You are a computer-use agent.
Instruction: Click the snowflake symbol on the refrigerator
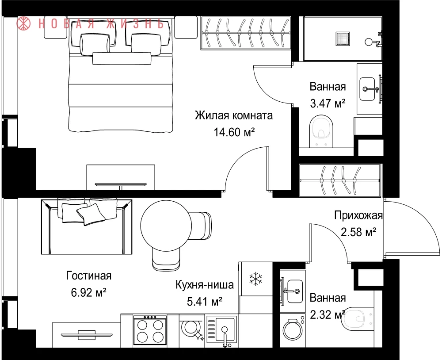(255, 279)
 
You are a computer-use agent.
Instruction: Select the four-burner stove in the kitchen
(150, 330)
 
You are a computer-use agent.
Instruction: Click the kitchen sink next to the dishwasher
(222, 331)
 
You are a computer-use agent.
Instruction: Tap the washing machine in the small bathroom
(293, 329)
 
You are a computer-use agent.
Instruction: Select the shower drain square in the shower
(343, 38)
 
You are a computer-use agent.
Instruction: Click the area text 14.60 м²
(234, 132)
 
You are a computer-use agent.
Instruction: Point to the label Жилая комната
(234, 115)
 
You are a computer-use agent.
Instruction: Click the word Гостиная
(89, 276)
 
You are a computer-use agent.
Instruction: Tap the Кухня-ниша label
(205, 285)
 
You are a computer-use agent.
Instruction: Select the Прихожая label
(358, 215)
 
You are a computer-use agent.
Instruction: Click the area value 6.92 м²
(88, 293)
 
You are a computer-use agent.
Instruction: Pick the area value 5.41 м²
(205, 302)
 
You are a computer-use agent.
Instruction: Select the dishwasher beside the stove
(192, 331)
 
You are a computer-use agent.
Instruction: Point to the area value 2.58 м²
(358, 233)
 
